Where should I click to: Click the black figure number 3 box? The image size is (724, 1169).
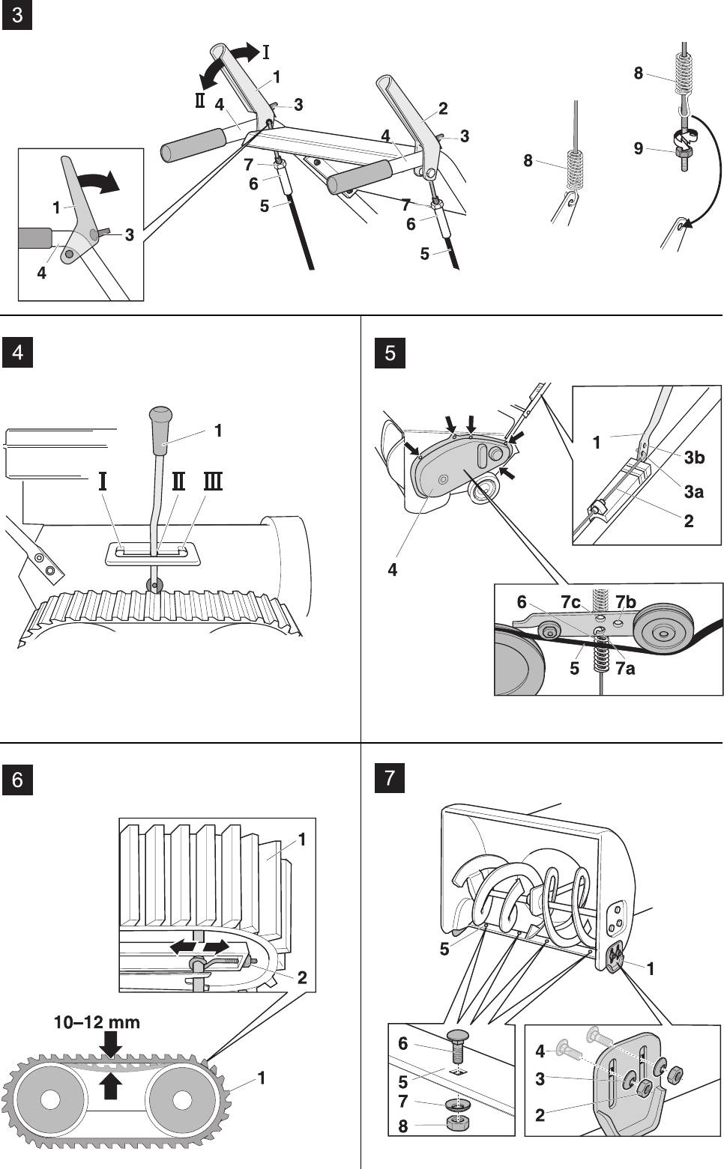(x=17, y=15)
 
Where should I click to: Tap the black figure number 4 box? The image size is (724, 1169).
(x=17, y=353)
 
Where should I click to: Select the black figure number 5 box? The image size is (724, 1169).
(x=390, y=353)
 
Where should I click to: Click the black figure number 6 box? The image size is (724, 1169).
(x=17, y=780)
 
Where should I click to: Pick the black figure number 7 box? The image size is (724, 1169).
(x=390, y=779)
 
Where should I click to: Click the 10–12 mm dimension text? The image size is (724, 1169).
(x=97, y=1022)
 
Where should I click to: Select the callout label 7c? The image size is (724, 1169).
(x=570, y=603)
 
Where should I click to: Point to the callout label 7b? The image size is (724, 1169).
(x=626, y=603)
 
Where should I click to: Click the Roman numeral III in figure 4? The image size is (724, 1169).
(x=214, y=481)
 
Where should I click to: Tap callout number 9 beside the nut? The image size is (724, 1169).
(x=639, y=148)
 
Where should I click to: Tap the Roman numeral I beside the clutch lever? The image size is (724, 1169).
(x=265, y=52)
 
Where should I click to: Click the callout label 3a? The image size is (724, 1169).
(x=694, y=491)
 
